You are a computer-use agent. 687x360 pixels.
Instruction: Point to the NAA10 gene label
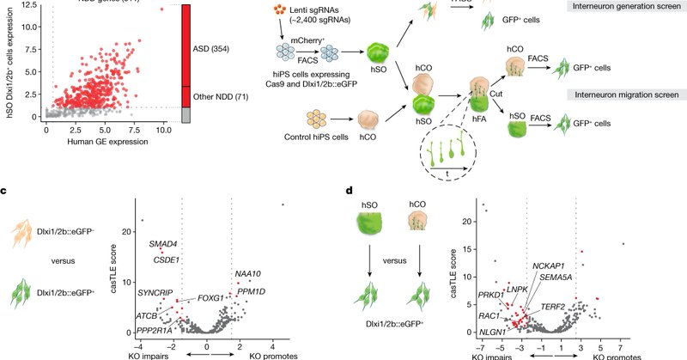click(x=247, y=274)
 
